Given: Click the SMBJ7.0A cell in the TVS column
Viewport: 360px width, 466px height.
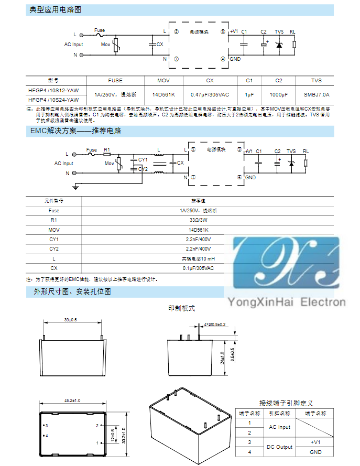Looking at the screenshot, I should [316, 94].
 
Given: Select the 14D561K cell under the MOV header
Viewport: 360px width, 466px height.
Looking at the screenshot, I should [164, 94].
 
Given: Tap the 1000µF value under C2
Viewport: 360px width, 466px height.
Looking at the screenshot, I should [279, 94].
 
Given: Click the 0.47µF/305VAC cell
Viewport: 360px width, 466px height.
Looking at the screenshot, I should [210, 94].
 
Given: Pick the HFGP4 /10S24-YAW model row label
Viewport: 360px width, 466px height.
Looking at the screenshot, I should [54, 100].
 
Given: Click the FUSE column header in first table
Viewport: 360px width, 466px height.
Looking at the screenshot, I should [115, 81].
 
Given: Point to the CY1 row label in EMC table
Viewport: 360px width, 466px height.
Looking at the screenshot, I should [54, 239].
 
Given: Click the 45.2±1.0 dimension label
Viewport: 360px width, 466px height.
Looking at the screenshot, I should [72, 401].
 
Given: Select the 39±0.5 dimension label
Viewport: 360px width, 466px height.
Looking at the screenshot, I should [70, 319].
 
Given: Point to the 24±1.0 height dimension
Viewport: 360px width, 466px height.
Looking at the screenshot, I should [222, 357].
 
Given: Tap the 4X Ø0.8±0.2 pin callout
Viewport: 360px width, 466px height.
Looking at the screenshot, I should [214, 325].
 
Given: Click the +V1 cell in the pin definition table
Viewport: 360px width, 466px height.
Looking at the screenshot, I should [315, 442].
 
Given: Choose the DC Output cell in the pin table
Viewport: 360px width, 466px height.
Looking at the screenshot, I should [279, 447].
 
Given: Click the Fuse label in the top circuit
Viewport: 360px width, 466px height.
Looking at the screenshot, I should [100, 30].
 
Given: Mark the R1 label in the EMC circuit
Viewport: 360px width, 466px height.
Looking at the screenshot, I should [107, 149].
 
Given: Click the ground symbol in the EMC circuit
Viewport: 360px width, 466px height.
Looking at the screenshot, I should [77, 185].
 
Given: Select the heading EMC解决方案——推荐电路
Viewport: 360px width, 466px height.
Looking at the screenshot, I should [75, 131].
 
